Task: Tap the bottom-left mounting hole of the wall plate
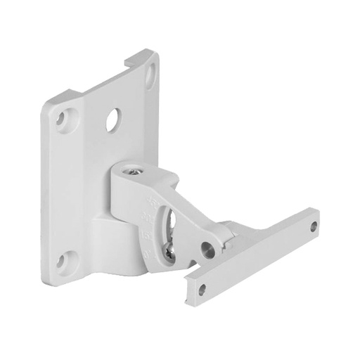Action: tap(63, 262)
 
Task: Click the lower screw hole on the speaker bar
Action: tap(202, 287)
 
